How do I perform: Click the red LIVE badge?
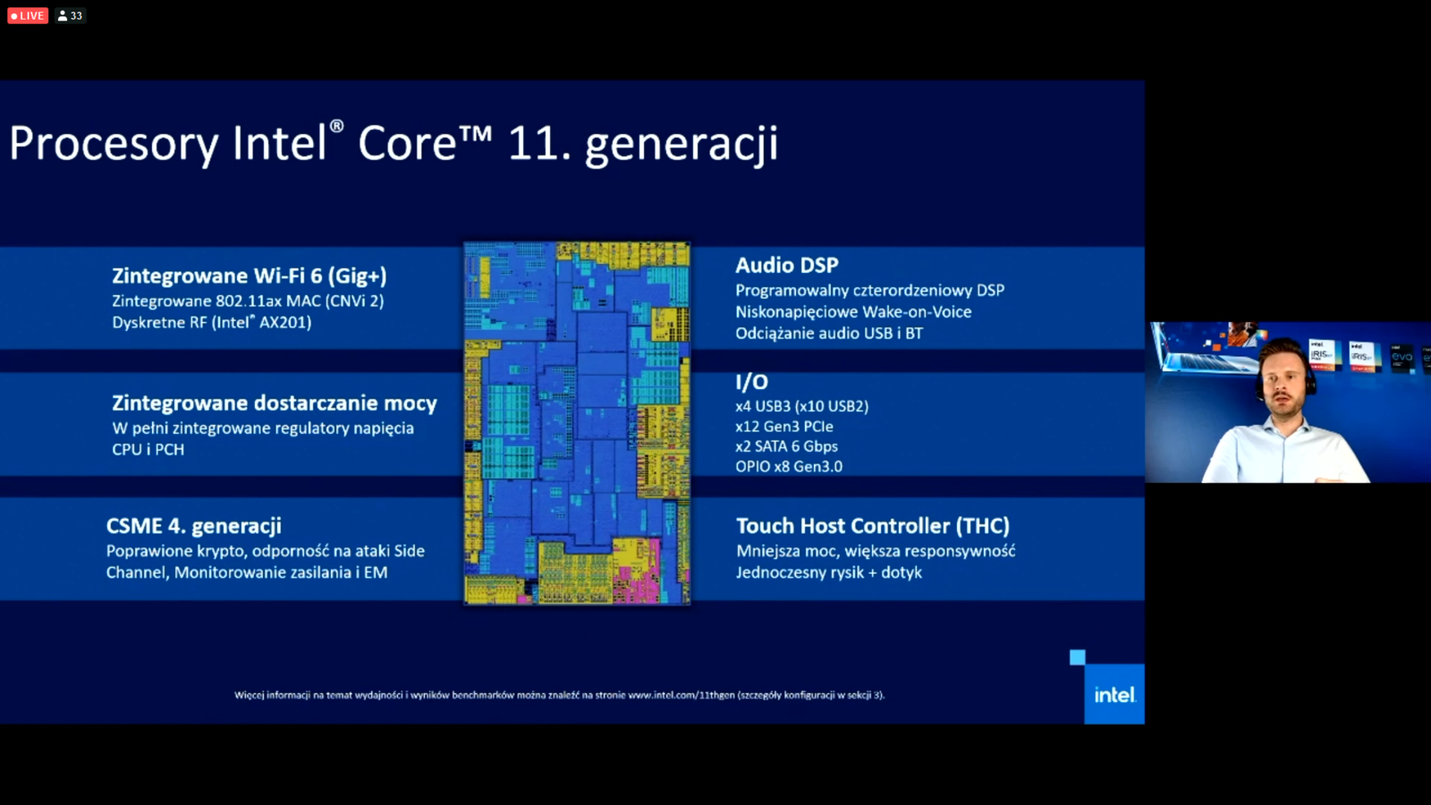[28, 15]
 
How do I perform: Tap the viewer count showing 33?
[71, 15]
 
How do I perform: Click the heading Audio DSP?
[786, 265]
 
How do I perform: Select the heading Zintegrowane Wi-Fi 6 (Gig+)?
[249, 275]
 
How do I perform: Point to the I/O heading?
[751, 382]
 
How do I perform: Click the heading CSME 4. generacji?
[193, 526]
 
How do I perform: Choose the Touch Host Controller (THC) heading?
[872, 526]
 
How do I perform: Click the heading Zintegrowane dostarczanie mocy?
[274, 403]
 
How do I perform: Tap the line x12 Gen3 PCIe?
[783, 427]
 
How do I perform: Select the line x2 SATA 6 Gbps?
[786, 446]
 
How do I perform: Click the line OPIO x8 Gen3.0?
[788, 466]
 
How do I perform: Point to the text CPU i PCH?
[148, 450]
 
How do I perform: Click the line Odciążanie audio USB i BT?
[828, 334]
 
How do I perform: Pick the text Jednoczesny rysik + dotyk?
[828, 572]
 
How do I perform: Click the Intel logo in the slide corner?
[1113, 694]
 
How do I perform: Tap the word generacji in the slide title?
[681, 145]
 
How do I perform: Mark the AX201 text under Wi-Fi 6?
[284, 323]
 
